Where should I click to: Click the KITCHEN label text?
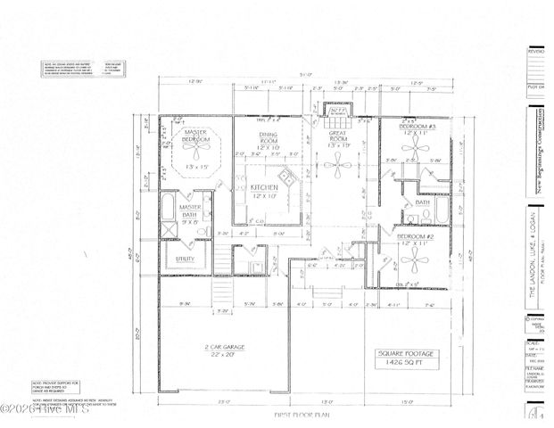265,187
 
